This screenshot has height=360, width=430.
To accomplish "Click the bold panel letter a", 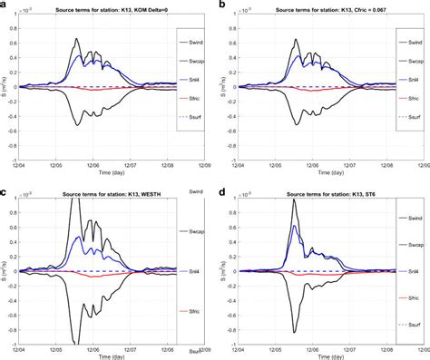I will tap(5, 5).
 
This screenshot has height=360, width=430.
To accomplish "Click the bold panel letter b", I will tap(223, 5).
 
